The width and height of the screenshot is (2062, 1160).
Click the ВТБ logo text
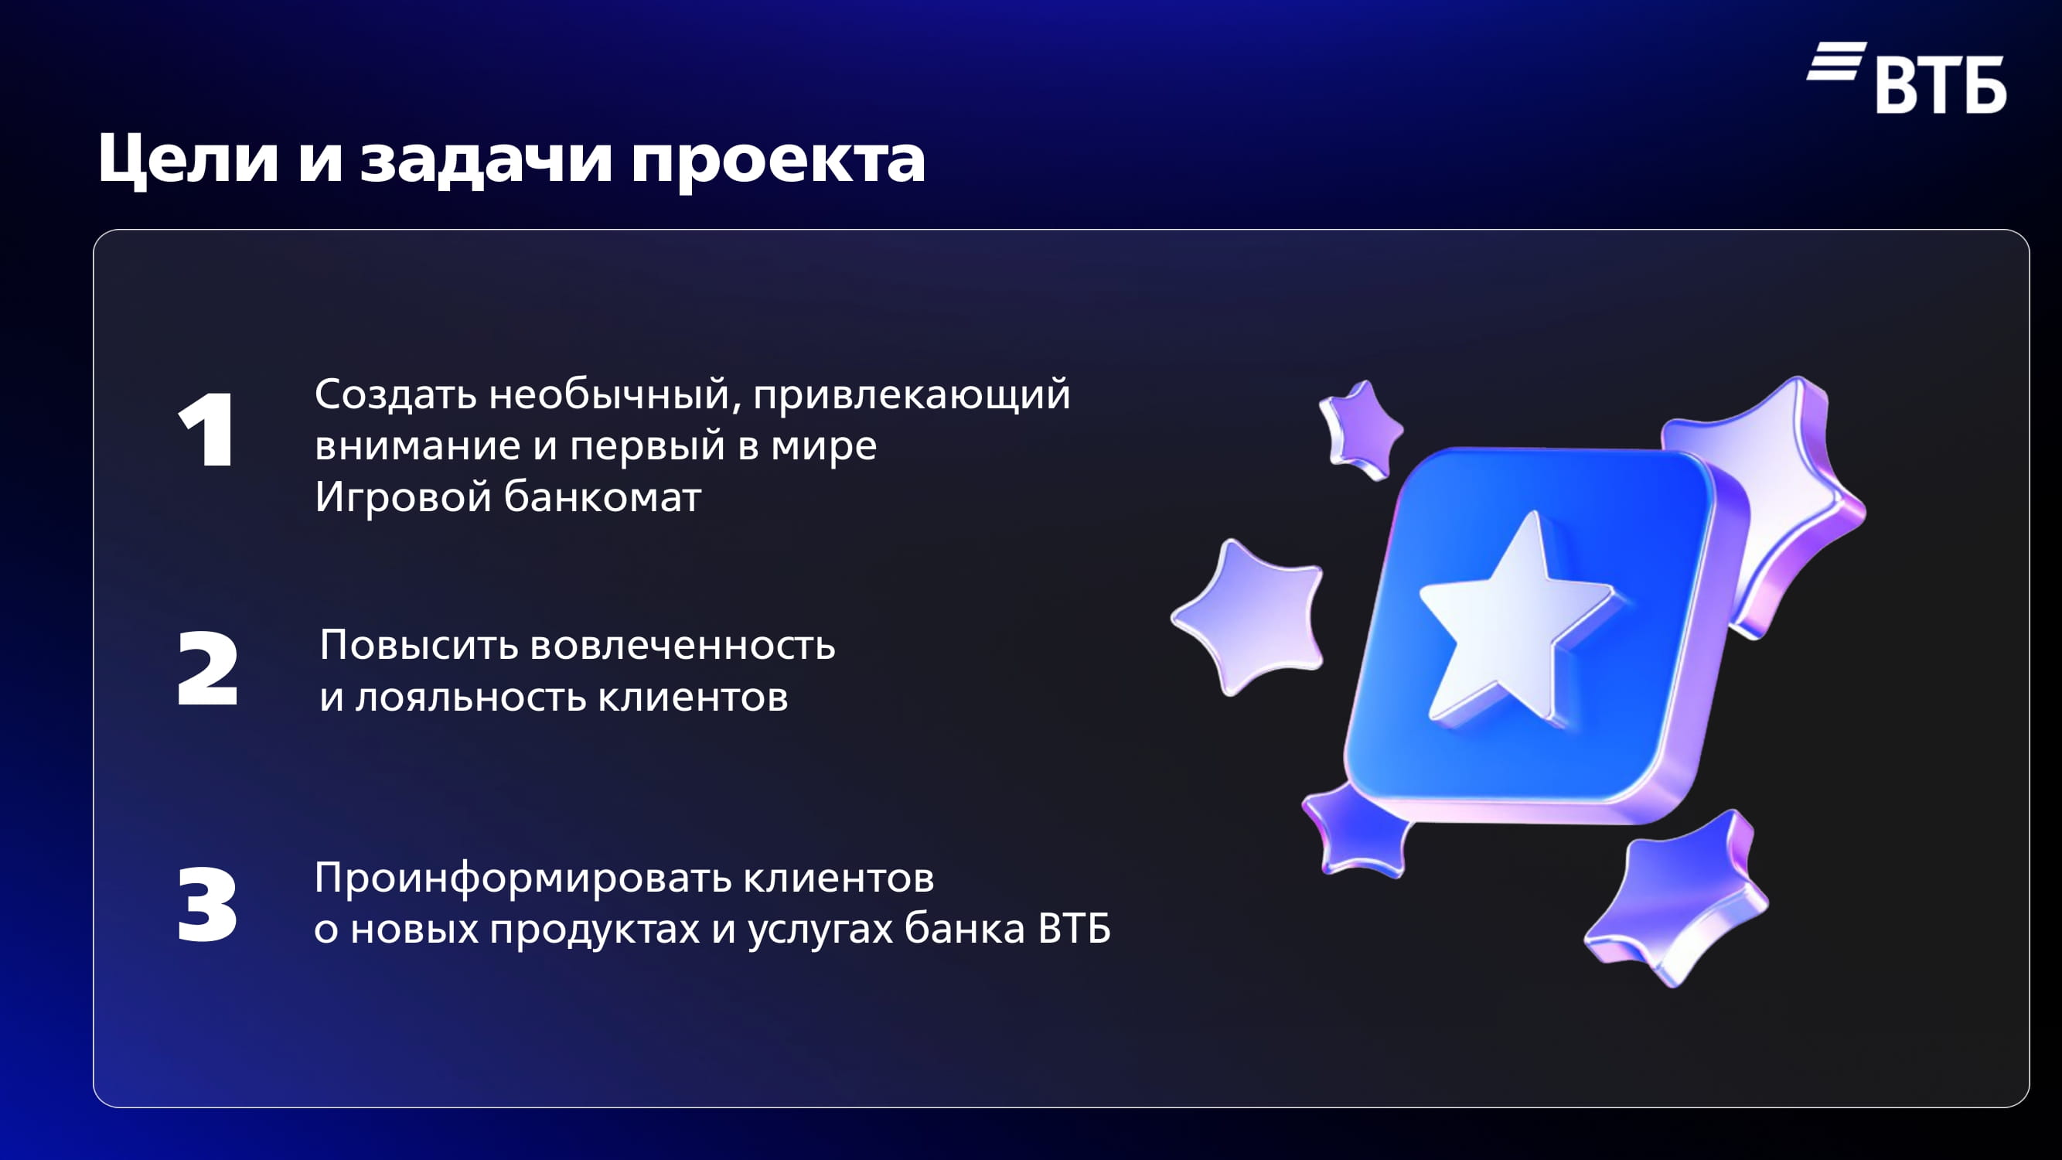(1941, 84)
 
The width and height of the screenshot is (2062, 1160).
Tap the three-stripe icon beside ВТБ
(1837, 61)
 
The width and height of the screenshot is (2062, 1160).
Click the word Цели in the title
(188, 159)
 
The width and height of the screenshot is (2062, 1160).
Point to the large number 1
(206, 430)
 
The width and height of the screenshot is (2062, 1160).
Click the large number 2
(207, 668)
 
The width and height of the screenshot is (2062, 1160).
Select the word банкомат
(603, 496)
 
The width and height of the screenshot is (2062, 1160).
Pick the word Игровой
(403, 496)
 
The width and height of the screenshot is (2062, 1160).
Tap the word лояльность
(471, 697)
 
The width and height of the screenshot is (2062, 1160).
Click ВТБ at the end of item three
(1074, 929)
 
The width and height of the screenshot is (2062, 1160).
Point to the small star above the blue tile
(1362, 431)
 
